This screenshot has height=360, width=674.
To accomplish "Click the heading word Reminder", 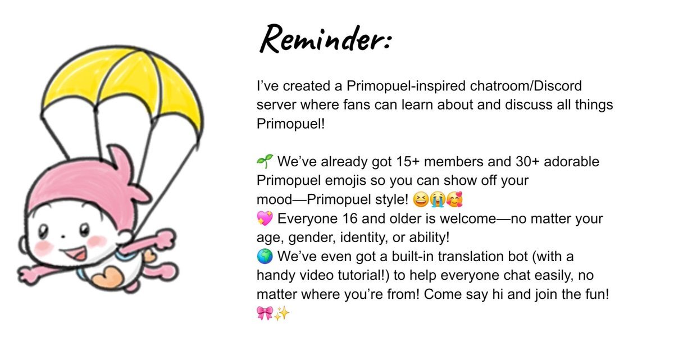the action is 326,40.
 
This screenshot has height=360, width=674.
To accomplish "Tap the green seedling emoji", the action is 265,162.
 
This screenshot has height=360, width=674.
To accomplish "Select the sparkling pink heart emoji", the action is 265,218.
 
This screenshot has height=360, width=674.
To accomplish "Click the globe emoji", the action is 265,256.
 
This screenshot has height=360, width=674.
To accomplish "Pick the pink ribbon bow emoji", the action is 265,313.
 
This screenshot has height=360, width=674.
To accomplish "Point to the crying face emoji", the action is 438,199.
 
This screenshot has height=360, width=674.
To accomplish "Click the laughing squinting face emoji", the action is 421,199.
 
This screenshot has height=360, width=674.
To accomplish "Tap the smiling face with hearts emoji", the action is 454,199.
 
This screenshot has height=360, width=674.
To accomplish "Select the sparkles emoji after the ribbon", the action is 281,313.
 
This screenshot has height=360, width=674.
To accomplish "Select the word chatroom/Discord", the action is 526,86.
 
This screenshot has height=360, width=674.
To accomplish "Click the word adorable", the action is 571,162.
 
